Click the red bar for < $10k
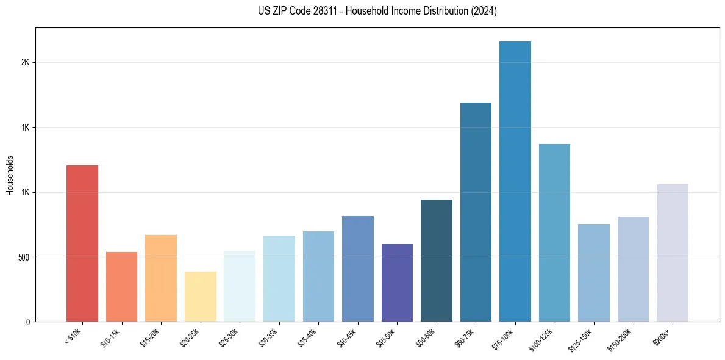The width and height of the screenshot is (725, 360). pyautogui.click(x=82, y=243)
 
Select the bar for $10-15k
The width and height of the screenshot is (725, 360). pyautogui.click(x=121, y=287)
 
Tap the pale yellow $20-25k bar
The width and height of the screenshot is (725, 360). pyautogui.click(x=200, y=297)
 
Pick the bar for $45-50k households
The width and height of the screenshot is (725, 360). pyautogui.click(x=397, y=283)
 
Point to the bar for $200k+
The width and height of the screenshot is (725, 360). pyautogui.click(x=673, y=253)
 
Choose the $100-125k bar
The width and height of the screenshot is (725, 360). pyautogui.click(x=554, y=232)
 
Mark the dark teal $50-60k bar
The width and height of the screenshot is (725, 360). pyautogui.click(x=437, y=261)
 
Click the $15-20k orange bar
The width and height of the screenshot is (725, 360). pyautogui.click(x=161, y=278)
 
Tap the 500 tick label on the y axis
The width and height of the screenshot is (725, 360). pyautogui.click(x=23, y=257)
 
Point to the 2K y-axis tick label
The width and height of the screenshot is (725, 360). pyautogui.click(x=26, y=62)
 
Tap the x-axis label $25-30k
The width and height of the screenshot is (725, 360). pyautogui.click(x=229, y=338)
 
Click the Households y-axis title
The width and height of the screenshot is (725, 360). pyautogui.click(x=10, y=175)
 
